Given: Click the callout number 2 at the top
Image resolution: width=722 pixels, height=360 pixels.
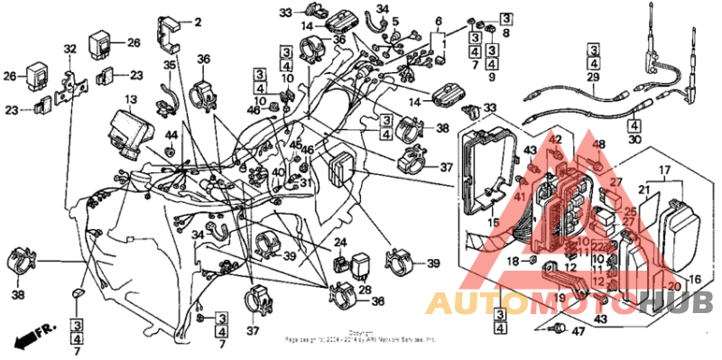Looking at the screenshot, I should click(199, 21).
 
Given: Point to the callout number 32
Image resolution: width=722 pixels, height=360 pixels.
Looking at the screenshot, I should click(69, 49).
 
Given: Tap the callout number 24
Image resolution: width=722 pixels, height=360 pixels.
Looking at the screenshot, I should click(340, 243).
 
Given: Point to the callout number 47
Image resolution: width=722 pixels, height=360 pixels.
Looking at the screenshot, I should click(578, 332).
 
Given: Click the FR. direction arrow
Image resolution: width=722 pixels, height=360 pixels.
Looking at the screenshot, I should click(27, 339).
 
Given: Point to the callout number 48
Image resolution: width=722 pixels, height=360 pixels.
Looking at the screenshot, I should click(599, 144).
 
